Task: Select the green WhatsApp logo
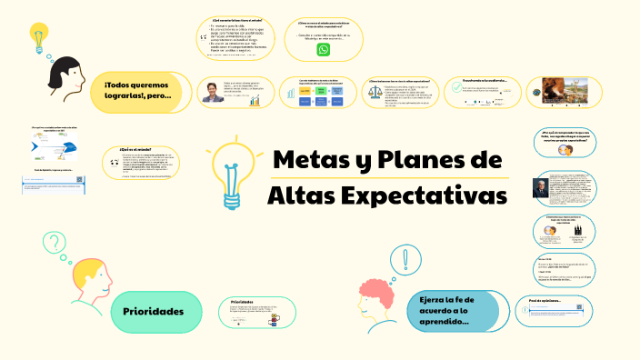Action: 324,51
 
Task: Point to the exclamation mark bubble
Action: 404,260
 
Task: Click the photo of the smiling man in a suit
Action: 211,92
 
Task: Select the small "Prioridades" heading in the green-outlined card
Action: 242,301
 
